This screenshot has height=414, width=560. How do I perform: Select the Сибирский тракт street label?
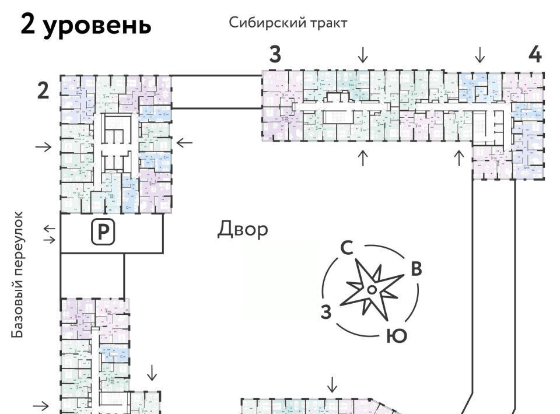point(288,23)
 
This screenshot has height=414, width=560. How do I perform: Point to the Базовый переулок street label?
point(19,275)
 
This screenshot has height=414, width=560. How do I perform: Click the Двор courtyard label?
point(243,229)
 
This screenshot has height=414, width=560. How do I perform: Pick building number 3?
point(275,54)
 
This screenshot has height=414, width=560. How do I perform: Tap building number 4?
point(535,54)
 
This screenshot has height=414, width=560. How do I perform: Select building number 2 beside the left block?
point(43,91)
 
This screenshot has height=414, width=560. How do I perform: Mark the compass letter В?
point(416,269)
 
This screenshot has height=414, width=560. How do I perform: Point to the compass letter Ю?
point(396,336)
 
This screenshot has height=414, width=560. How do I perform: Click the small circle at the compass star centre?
point(371,290)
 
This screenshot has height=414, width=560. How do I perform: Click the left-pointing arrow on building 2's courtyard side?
point(185,142)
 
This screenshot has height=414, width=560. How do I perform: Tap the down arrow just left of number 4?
point(480,55)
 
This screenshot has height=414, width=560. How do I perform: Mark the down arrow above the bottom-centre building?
point(332,385)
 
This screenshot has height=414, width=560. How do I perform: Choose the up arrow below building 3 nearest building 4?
point(459,157)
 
